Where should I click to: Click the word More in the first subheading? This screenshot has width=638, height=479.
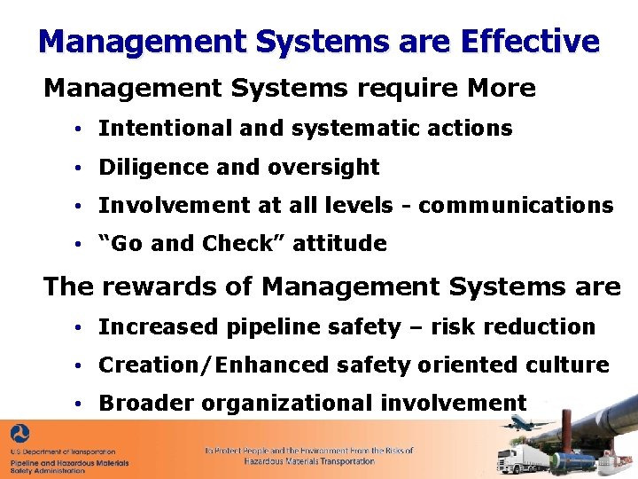click(502, 89)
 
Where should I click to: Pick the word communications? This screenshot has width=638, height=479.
click(516, 206)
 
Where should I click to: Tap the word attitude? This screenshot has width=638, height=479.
click(345, 244)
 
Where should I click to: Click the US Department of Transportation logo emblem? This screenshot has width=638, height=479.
click(19, 435)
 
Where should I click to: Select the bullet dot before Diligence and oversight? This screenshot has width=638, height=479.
click(79, 168)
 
